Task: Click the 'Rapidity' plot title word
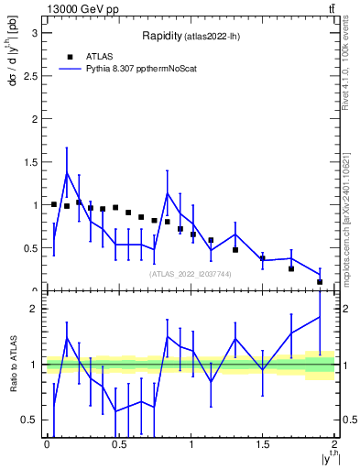pos(161,36)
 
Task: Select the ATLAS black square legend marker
pos(70,56)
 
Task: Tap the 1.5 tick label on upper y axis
pos(35,162)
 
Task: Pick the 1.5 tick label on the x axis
pos(262,444)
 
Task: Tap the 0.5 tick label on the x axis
pos(118,444)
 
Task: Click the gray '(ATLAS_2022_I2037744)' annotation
pos(191,274)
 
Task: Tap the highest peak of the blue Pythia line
pos(67,172)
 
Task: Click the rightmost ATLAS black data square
pos(320,281)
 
